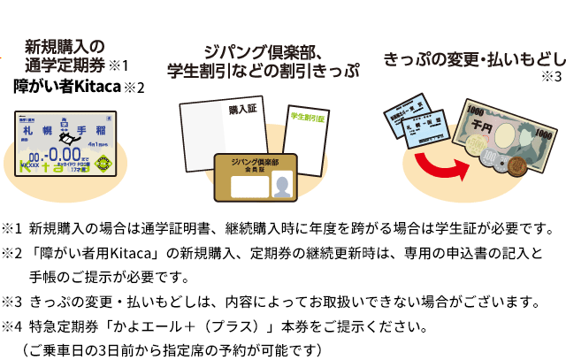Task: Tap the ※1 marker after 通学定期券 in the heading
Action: pos(119,65)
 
